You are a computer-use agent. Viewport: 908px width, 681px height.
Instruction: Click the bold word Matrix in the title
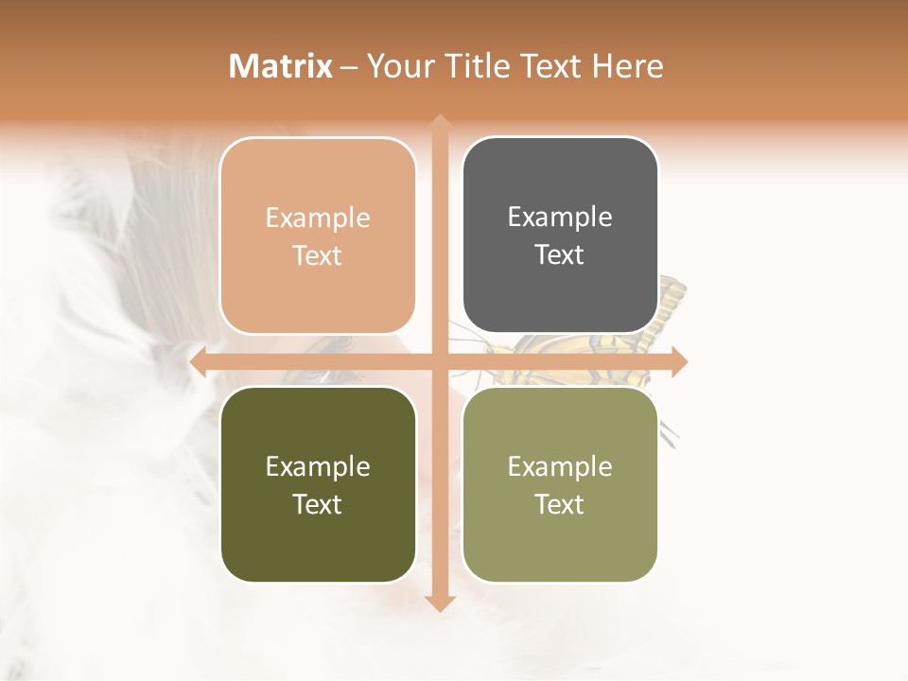point(281,66)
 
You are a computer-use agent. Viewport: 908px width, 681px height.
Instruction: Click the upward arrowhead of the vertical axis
point(440,123)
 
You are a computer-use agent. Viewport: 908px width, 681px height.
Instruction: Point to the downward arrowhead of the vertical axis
point(440,603)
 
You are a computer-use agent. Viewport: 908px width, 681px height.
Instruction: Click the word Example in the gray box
point(560,218)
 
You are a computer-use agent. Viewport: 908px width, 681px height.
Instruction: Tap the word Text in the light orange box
point(318,256)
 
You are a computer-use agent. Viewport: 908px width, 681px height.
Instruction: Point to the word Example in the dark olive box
point(318,466)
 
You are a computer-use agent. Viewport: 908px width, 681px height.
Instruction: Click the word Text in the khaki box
point(560,504)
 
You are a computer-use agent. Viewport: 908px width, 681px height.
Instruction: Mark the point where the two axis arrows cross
point(440,362)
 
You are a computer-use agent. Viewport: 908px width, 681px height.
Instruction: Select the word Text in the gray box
point(560,255)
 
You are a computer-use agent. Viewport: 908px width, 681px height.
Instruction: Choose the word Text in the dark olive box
point(318,504)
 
